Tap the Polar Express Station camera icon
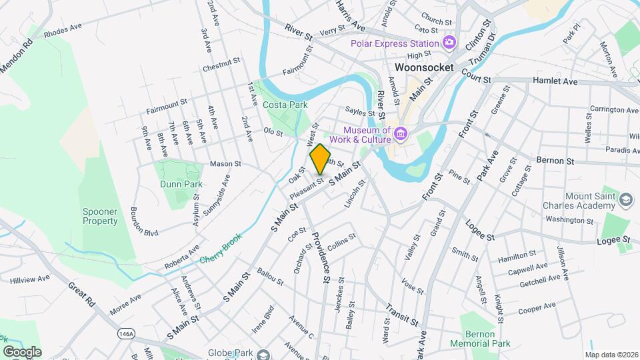[449, 43]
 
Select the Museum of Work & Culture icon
[400, 134]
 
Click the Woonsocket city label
[424, 67]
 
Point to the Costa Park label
[285, 105]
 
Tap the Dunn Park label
[181, 183]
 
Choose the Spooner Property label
[100, 216]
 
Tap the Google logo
[22, 352]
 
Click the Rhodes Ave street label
[62, 31]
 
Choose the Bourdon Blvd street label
[145, 221]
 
